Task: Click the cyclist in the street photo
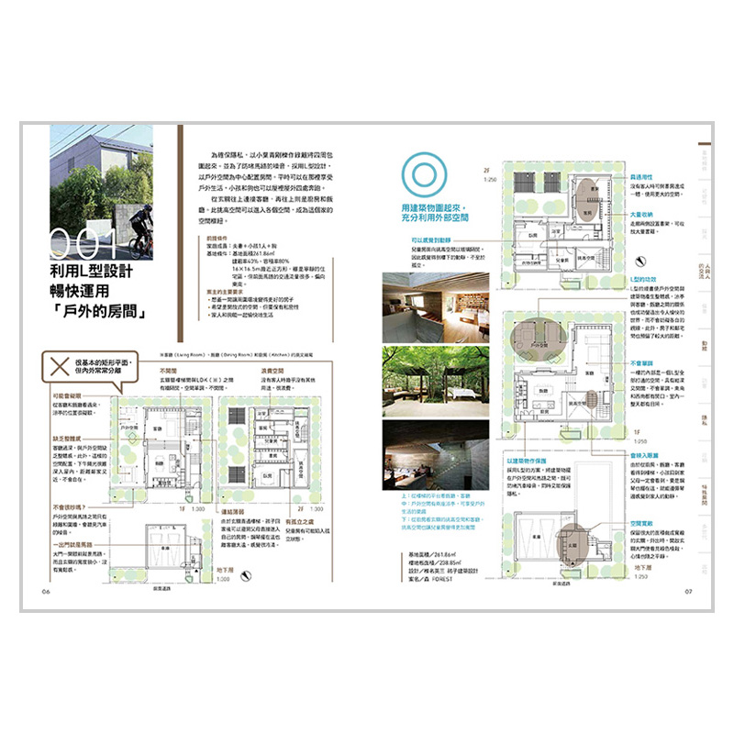(x=139, y=230)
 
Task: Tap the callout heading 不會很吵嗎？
(x=70, y=506)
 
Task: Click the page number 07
(x=688, y=590)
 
